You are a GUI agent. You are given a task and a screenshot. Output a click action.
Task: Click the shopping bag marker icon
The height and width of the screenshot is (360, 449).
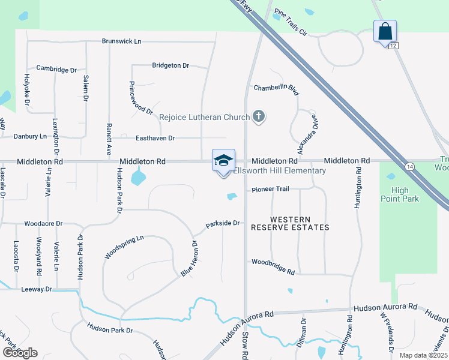384,31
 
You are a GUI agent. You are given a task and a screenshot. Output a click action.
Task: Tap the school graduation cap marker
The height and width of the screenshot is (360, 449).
223,161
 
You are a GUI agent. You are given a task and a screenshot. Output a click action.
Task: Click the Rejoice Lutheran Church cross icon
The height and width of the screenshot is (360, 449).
259,116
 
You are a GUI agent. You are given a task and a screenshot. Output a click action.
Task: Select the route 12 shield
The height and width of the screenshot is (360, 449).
393,46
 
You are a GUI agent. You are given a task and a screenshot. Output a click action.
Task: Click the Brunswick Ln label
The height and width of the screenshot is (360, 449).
121,41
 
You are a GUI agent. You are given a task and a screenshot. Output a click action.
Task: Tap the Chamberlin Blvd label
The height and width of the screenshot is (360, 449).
276,88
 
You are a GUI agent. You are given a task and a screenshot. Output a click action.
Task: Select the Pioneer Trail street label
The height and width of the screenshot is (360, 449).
270,189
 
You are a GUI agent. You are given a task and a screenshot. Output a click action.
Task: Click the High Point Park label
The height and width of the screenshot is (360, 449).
400,194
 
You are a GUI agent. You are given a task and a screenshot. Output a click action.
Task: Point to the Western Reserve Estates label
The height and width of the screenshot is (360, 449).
291,223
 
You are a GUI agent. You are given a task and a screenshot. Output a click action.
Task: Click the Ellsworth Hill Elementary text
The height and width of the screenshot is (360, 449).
280,171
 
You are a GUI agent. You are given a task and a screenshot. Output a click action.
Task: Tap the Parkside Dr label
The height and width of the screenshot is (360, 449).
223,224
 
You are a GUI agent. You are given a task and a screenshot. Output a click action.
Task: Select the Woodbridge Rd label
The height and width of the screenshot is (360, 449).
273,266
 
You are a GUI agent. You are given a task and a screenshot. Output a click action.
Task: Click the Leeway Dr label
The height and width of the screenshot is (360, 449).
37,289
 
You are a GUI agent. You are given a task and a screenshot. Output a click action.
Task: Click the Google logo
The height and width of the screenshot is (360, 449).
20,353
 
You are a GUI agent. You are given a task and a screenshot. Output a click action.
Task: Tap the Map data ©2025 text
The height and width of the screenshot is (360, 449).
423,355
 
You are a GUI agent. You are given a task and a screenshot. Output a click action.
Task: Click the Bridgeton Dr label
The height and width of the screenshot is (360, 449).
170,65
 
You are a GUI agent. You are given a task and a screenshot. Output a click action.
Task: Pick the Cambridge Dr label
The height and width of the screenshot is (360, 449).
56,68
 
